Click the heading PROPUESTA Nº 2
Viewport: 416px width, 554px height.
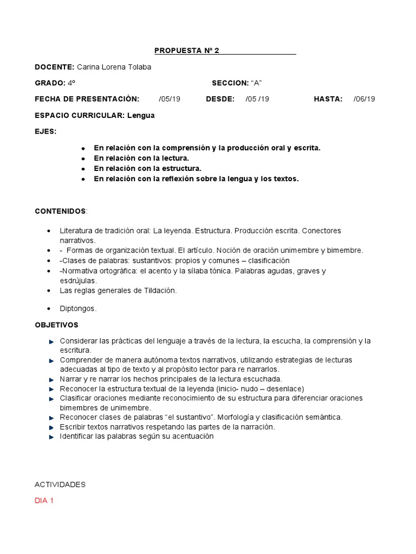pyautogui.click(x=185, y=51)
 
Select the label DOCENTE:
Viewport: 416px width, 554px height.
pyautogui.click(x=54, y=67)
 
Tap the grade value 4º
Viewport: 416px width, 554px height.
pyautogui.click(x=71, y=83)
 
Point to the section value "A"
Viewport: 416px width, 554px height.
pyautogui.click(x=256, y=83)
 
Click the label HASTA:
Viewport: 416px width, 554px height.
pyautogui.click(x=328, y=99)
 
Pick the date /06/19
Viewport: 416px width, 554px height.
pyautogui.click(x=364, y=99)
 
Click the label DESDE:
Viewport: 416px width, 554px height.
pyautogui.click(x=220, y=99)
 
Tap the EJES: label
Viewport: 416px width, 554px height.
pyautogui.click(x=45, y=131)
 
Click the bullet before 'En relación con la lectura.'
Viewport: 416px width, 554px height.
pyautogui.click(x=83, y=159)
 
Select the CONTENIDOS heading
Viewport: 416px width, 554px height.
pyautogui.click(x=60, y=210)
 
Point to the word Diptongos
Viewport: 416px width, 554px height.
pyautogui.click(x=78, y=308)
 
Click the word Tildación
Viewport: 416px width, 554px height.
pyautogui.click(x=160, y=291)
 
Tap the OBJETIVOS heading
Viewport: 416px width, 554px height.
pyautogui.click(x=56, y=325)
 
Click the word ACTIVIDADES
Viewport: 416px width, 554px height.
pyautogui.click(x=60, y=485)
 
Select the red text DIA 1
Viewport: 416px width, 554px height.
pyautogui.click(x=44, y=501)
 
